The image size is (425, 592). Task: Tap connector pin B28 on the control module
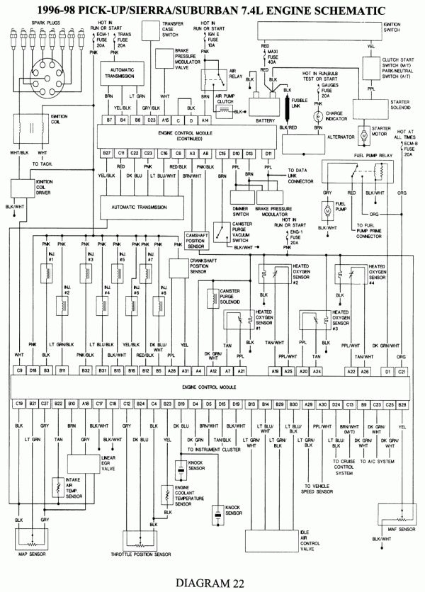click(x=402, y=403)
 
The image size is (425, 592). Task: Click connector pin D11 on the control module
click(x=268, y=153)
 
